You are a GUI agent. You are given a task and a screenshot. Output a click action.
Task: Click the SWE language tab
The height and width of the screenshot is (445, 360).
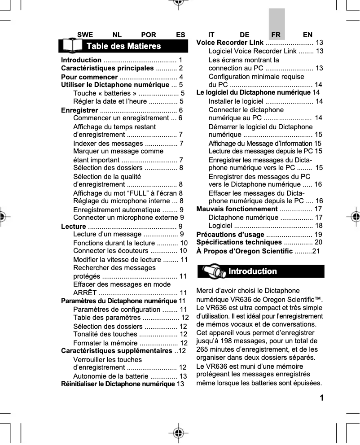[x=85, y=35]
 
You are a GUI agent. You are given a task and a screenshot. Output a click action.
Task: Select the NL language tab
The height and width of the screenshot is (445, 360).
[x=117, y=35]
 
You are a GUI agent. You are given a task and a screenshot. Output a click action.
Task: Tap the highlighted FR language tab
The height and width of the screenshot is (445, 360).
[x=276, y=35]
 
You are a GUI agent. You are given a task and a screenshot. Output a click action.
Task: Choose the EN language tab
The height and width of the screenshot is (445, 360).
[x=308, y=35]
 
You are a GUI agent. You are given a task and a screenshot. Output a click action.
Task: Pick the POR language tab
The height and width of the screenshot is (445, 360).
[x=149, y=35]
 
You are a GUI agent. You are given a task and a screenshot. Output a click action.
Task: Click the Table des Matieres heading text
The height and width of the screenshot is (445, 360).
[x=123, y=46]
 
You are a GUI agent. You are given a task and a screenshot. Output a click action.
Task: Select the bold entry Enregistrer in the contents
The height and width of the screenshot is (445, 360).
[x=79, y=110]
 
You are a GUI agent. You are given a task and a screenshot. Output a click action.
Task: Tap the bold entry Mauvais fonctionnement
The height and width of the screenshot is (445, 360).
[x=237, y=209]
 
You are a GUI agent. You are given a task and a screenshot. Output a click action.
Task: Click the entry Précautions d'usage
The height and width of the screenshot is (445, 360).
[x=230, y=235]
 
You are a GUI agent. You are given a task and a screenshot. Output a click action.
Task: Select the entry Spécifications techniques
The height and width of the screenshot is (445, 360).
[x=236, y=243]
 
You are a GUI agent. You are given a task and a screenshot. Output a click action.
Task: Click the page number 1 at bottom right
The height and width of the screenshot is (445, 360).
[x=321, y=398]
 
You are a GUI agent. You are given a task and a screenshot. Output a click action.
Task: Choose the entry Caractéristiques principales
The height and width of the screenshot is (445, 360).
[x=107, y=68]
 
